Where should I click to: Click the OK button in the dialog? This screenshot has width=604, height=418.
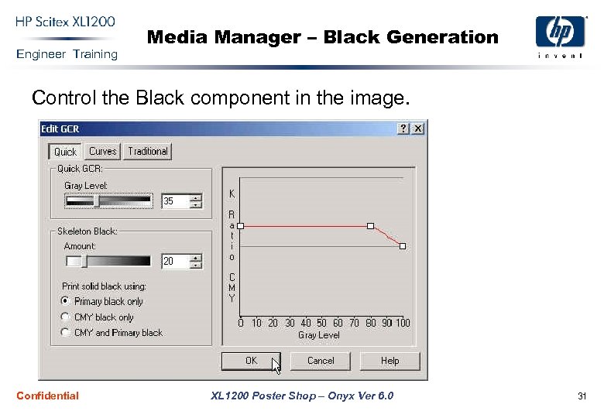click(x=251, y=361)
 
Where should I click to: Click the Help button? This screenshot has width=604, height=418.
click(x=390, y=361)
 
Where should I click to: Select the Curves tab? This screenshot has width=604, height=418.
click(x=102, y=151)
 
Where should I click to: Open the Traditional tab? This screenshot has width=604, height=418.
click(x=148, y=151)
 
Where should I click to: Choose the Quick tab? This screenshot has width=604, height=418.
click(x=65, y=152)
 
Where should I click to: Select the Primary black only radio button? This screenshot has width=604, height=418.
click(x=66, y=301)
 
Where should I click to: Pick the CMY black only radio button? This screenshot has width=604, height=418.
click(x=66, y=317)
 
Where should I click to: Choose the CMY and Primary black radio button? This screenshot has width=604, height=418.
click(x=66, y=332)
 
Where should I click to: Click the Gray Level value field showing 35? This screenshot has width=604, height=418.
click(x=175, y=201)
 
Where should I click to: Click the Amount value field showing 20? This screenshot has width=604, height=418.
click(x=175, y=262)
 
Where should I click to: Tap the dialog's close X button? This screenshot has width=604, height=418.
click(x=418, y=128)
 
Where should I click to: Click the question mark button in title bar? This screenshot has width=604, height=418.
click(x=403, y=128)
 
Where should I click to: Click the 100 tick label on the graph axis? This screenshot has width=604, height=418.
click(x=402, y=323)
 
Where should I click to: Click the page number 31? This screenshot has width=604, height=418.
click(x=582, y=396)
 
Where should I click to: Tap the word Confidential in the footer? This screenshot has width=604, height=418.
click(x=47, y=396)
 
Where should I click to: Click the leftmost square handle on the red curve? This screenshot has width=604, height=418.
click(x=241, y=226)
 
